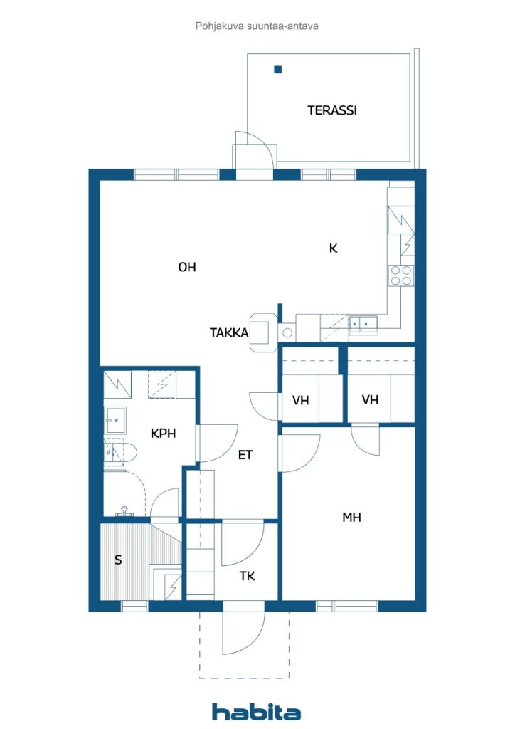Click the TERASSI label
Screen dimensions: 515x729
click(332, 110)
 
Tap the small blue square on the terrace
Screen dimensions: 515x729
click(277, 70)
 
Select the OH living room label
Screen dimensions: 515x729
click(187, 267)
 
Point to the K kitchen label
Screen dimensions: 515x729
click(334, 248)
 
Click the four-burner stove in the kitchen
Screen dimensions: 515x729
click(401, 276)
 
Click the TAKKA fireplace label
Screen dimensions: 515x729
click(229, 333)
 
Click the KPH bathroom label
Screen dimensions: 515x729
click(164, 434)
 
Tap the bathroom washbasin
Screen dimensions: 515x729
click(115, 420)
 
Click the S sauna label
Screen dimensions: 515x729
click(118, 560)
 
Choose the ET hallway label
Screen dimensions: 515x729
click(245, 455)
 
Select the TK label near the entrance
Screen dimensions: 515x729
click(247, 577)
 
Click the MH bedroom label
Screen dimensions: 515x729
click(351, 517)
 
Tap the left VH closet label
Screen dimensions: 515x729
click(300, 400)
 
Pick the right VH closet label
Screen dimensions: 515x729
click(370, 399)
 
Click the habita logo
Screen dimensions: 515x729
click(256, 712)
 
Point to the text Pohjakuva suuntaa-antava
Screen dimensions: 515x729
click(257, 26)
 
